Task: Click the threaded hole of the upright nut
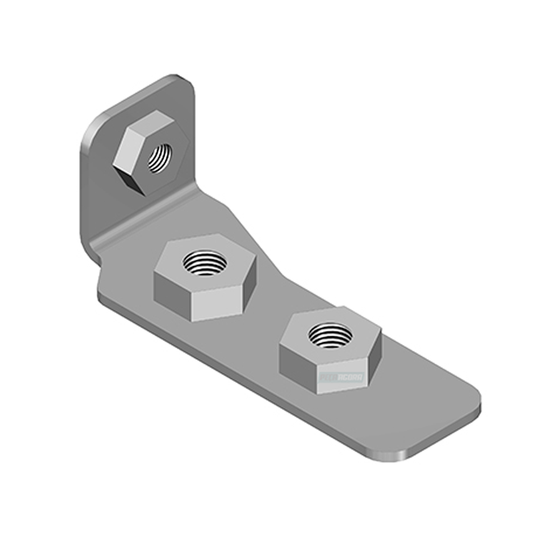click(159, 157)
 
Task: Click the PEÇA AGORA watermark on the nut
click(342, 377)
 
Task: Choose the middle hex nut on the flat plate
click(205, 277)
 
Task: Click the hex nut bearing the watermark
click(331, 351)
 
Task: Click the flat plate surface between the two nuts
click(268, 313)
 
